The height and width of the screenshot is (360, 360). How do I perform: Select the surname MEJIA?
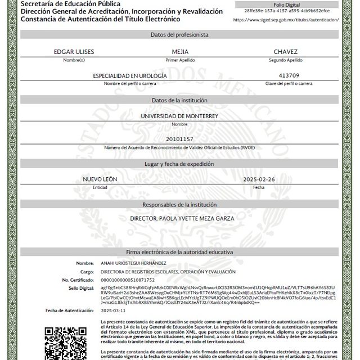tap(180, 52)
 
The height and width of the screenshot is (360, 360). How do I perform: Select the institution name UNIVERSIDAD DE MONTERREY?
tap(179, 116)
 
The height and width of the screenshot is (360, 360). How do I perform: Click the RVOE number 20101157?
tap(179, 139)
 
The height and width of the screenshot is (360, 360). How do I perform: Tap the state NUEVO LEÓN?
tap(100, 179)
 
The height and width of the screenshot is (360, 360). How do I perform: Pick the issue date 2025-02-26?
tap(258, 179)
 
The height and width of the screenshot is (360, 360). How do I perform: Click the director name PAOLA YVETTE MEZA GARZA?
tap(179, 218)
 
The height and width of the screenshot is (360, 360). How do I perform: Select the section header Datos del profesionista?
tap(179, 34)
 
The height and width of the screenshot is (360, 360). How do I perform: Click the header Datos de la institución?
tap(179, 100)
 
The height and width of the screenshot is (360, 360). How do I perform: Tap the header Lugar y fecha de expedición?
tap(179, 164)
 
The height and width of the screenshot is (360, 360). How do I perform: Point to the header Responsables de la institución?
tap(179, 204)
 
